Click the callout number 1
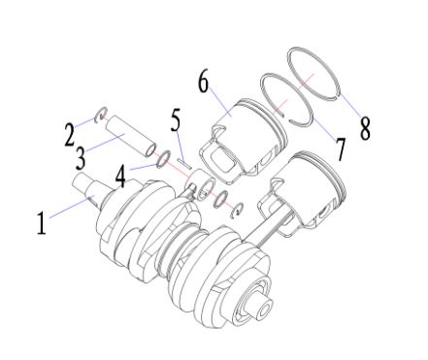[41, 223]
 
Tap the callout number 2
[69, 135]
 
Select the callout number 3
[81, 158]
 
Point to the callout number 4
[120, 177]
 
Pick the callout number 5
[176, 120]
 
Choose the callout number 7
[341, 148]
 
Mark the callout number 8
[365, 128]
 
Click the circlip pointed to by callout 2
[101, 115]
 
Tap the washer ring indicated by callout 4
[163, 159]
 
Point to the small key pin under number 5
[184, 163]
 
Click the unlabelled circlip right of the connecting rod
[238, 211]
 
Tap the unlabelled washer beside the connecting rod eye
[221, 199]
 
